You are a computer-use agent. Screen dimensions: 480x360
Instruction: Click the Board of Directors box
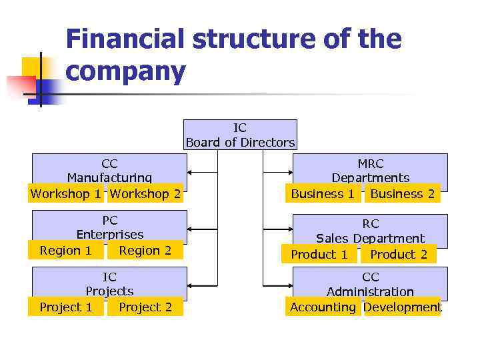coord(240,135)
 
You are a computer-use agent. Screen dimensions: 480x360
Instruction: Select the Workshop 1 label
coord(66,194)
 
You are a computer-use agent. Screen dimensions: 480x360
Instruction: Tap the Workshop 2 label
coord(145,194)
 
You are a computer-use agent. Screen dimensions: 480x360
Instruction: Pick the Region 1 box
coord(66,251)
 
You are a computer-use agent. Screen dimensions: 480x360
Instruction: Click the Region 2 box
coord(145,251)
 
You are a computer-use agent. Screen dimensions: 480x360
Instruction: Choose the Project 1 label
coord(66,307)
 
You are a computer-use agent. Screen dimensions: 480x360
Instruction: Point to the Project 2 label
coord(145,307)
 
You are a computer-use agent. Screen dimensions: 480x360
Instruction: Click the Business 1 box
coord(323,194)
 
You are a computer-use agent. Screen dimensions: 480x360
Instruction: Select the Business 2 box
coord(402,194)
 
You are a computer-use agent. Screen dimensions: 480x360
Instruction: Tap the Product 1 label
coord(319,255)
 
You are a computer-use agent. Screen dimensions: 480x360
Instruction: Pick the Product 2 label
coord(398,255)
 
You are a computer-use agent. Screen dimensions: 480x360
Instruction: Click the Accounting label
coord(323,307)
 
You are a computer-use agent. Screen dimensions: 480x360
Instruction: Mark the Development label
coord(402,307)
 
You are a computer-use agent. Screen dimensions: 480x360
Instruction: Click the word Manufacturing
coord(109,178)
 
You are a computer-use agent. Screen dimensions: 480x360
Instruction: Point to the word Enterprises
coord(110,235)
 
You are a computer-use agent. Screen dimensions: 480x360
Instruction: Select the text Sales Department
coord(370,239)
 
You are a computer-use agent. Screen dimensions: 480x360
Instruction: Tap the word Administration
coord(370,292)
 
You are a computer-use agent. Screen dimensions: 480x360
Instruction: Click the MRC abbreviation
coord(371,163)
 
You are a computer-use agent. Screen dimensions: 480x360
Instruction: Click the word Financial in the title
coord(125,40)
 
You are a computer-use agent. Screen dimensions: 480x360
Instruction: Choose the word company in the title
coord(125,72)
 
